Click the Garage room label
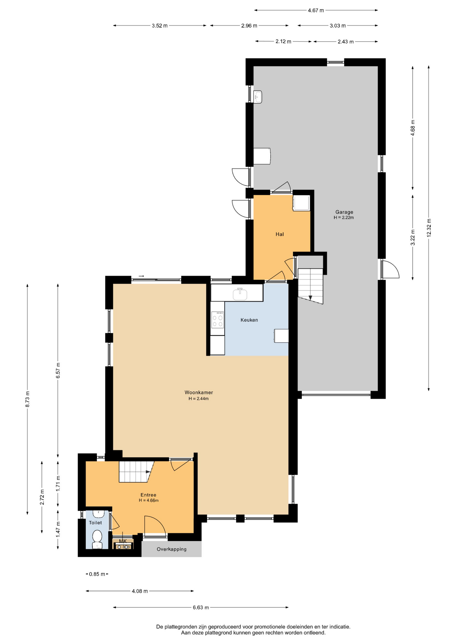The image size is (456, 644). (x=344, y=212)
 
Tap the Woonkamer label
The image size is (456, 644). (x=199, y=392)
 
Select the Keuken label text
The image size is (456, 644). (x=249, y=320)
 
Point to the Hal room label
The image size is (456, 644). (x=280, y=234)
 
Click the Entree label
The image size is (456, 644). (x=148, y=495)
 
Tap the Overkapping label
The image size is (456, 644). (x=172, y=549)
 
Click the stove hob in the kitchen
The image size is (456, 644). (x=218, y=320)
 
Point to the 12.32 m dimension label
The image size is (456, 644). (x=429, y=228)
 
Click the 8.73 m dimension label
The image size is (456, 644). (x=28, y=399)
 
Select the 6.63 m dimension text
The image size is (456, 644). (x=201, y=607)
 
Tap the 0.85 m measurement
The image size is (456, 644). (x=97, y=574)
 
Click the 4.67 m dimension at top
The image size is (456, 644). (x=316, y=10)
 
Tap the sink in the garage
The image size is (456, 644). (x=258, y=97)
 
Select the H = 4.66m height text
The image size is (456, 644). (x=149, y=500)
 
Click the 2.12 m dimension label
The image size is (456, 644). (x=283, y=42)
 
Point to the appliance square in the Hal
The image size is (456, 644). (x=302, y=203)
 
